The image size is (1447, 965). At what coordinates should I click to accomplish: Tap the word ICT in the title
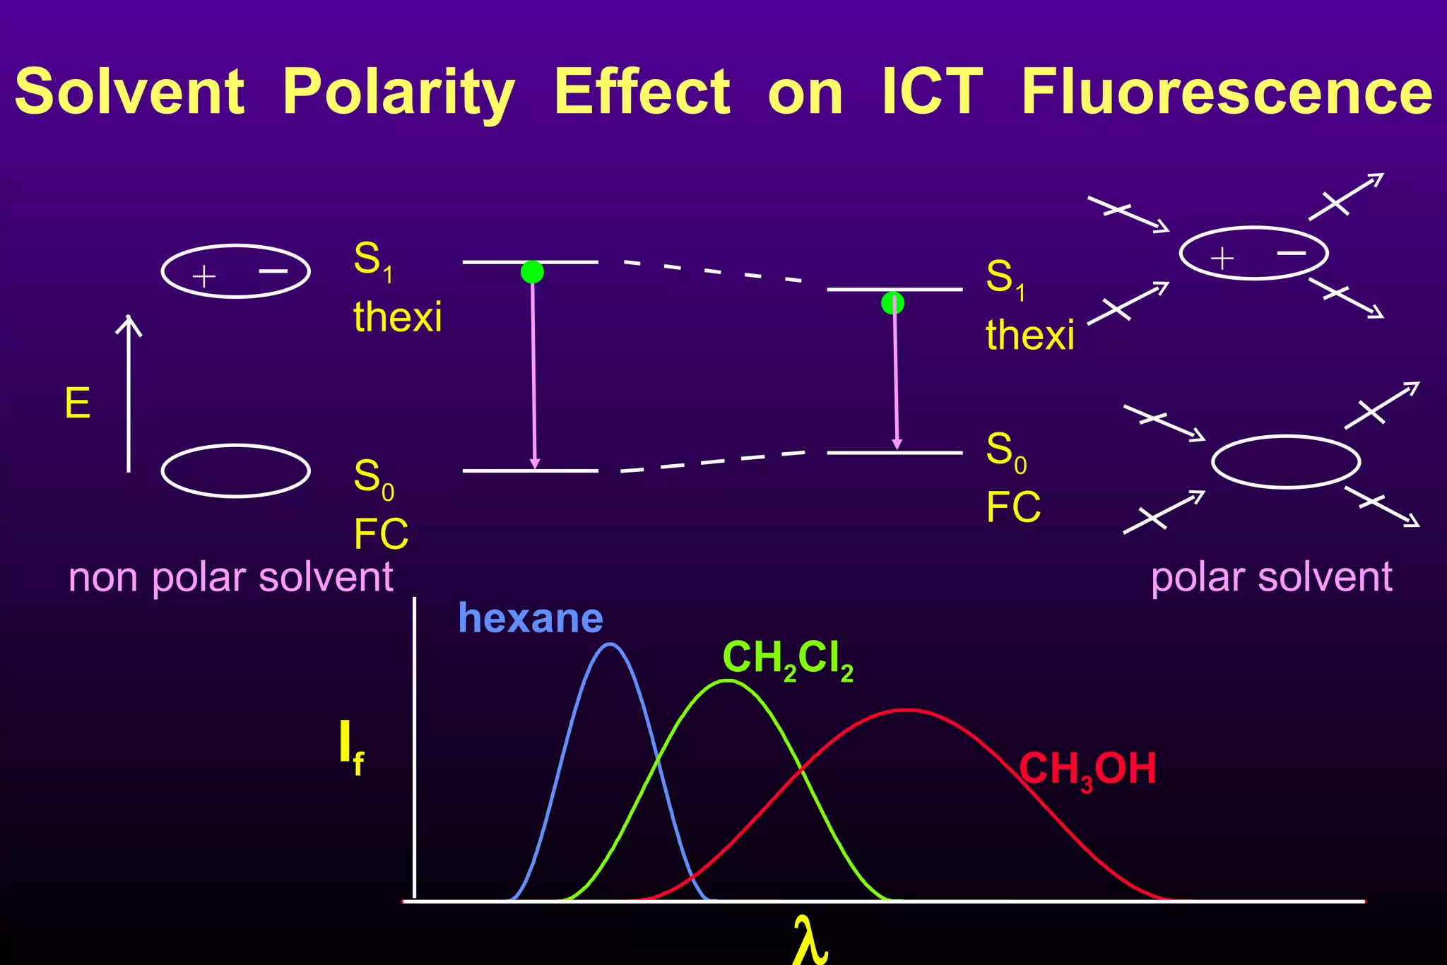(932, 92)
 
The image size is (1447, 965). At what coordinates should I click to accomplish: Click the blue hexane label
(531, 619)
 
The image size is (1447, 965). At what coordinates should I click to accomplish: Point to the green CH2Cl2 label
(788, 660)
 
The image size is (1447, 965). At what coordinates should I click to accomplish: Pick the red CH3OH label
(1087, 769)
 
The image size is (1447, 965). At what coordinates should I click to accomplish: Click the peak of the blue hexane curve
(610, 644)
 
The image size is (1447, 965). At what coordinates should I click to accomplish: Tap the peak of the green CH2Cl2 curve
(728, 681)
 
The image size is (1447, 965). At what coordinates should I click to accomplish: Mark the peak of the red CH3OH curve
(907, 710)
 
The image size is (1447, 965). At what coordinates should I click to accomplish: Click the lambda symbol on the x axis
(810, 940)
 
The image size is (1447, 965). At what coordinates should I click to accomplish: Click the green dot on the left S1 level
(532, 272)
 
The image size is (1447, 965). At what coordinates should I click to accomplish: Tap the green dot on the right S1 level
(892, 303)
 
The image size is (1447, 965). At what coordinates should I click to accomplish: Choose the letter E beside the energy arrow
(78, 404)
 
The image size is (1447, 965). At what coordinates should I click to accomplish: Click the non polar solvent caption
(230, 577)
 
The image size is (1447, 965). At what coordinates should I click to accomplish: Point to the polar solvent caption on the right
(1271, 577)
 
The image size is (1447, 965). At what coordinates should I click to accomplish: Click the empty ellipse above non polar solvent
(236, 470)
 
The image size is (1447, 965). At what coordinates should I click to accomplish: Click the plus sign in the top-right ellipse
(1222, 259)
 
